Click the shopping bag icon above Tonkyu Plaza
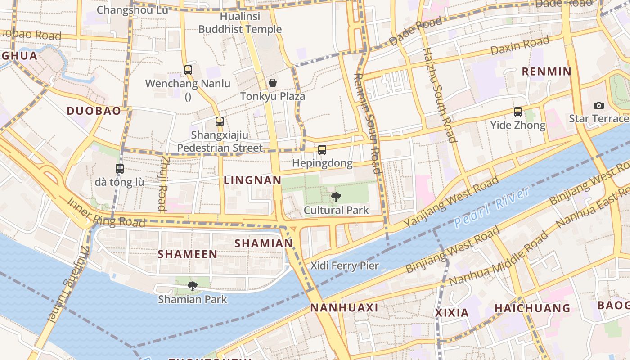pos(272,83)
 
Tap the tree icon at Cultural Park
pos(336,197)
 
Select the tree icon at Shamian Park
pos(193,286)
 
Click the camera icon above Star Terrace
pos(598,105)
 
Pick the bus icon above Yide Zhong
pos(518,112)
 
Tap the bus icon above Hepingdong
pos(322,149)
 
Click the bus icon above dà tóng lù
pos(120,169)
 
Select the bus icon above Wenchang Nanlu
pos(188,70)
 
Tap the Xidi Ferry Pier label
pos(345,265)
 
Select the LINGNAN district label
pos(252,180)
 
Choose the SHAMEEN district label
pos(187,254)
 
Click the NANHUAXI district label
pos(344,308)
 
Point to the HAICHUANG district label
pos(532,308)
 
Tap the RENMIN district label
pos(546,71)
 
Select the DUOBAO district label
pos(94,111)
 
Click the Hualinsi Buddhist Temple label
pos(240,23)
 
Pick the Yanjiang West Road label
pos(451,202)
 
